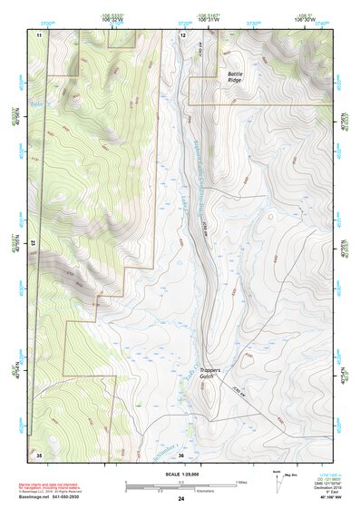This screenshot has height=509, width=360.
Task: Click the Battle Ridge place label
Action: [x=234, y=77]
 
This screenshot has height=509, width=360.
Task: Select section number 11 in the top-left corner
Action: [x=39, y=34]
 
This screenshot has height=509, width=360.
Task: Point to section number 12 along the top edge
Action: [x=182, y=34]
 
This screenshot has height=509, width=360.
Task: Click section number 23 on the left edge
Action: [x=34, y=243]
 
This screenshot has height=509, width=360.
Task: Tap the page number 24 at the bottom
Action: [x=180, y=499]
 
